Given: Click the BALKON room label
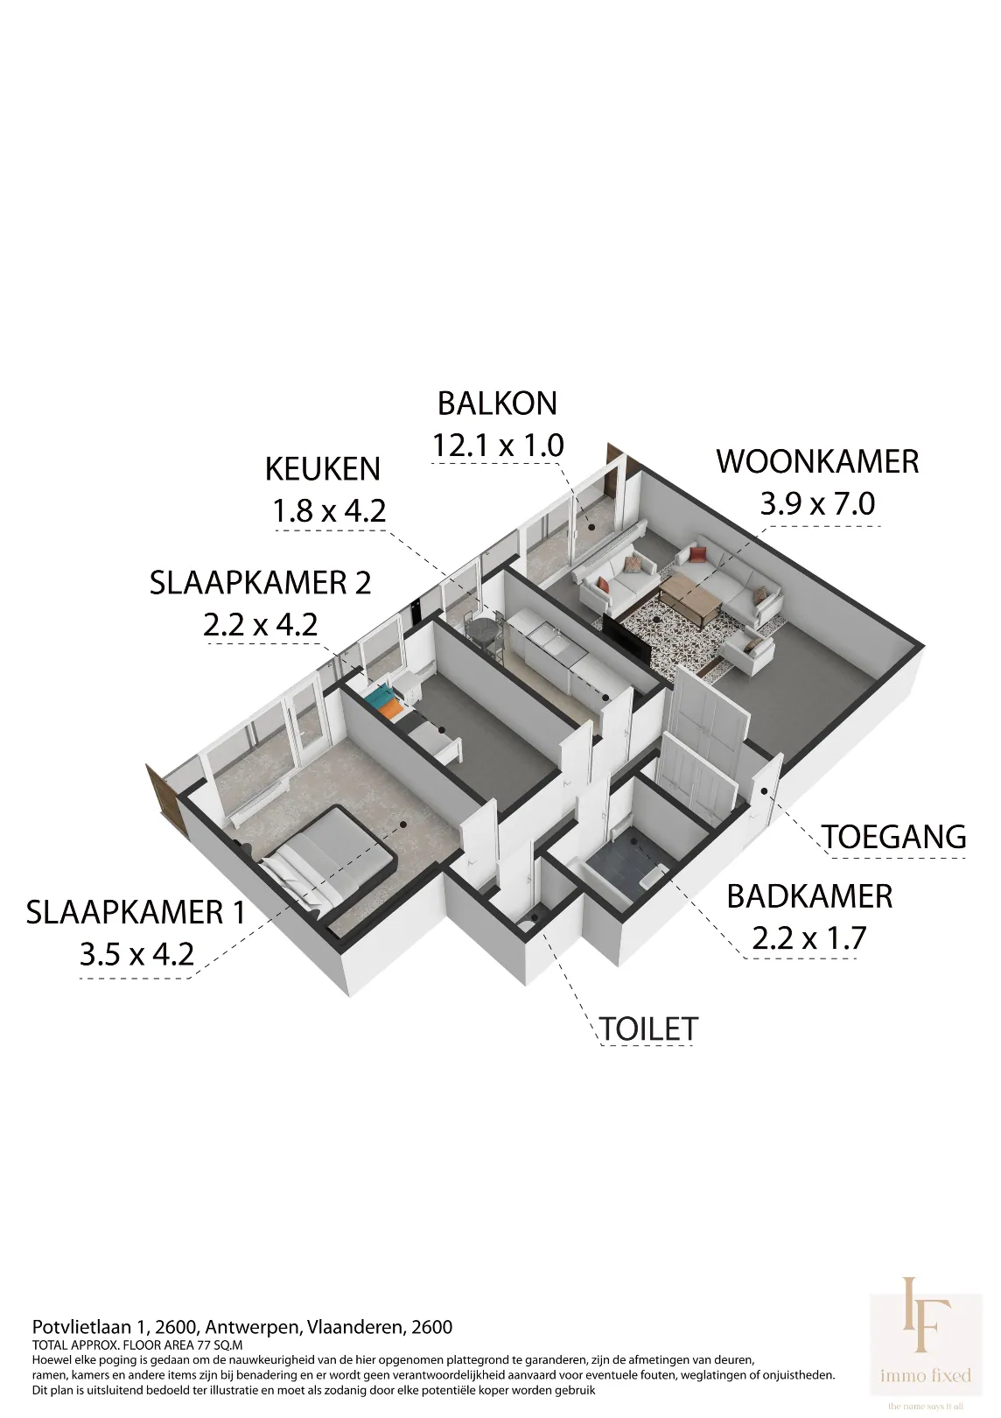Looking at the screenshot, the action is click(497, 404).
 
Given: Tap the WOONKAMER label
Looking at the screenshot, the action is click(817, 461).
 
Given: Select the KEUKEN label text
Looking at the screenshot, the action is click(323, 469).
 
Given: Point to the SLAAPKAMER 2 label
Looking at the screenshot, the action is click(260, 583).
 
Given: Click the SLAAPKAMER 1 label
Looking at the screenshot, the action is click(136, 913).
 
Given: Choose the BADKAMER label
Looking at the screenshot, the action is click(809, 896).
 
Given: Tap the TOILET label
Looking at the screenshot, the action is click(648, 1047).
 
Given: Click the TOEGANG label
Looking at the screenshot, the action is click(894, 837).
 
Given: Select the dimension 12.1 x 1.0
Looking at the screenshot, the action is click(498, 446).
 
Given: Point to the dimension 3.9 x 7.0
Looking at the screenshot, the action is click(817, 504).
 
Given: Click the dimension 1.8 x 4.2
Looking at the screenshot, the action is click(328, 511).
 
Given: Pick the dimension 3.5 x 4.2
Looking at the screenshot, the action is click(136, 955).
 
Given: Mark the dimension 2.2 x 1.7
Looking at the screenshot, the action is click(808, 938).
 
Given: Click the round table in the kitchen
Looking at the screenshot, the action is click(482, 630).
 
